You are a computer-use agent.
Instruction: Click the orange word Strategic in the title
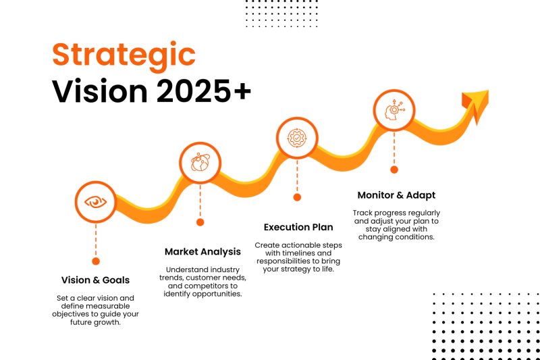coord(124,56)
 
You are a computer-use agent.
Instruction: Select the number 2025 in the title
coord(194,91)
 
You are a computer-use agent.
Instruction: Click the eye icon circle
coord(96,202)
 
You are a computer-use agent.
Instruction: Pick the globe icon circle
coord(200,163)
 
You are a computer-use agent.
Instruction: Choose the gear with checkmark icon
coord(297,138)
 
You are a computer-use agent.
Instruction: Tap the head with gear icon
coord(394,110)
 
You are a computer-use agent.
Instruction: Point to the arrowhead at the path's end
coord(477,103)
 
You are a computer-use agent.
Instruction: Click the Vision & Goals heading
coord(95,280)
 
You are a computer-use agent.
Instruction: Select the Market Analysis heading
coord(202,252)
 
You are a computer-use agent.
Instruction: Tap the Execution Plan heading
coord(298,228)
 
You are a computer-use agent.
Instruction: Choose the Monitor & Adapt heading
coord(396,195)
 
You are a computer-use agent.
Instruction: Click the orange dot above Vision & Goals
coord(96,261)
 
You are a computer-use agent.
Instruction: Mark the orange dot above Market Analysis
coord(200,222)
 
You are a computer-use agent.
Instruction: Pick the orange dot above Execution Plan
coord(297,197)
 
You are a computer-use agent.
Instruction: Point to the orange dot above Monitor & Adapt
coord(394,170)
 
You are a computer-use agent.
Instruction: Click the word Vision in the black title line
coord(100,91)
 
